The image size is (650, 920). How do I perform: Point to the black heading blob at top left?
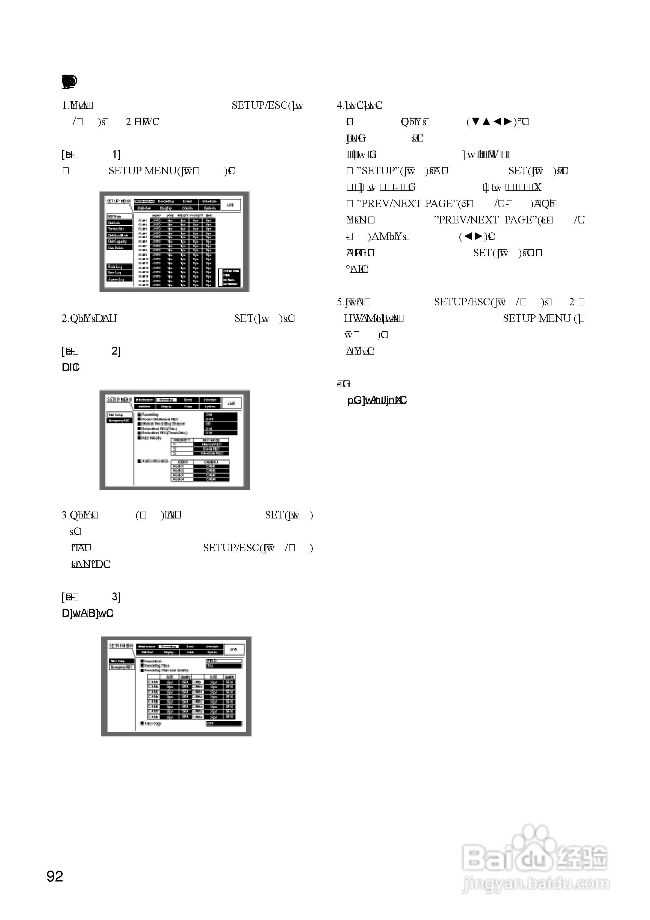pos(69,81)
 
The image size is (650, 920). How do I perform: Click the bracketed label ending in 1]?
pos(91,154)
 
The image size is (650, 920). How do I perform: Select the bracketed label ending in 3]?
pos(91,597)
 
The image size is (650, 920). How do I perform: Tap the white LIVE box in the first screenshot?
pos(231,204)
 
